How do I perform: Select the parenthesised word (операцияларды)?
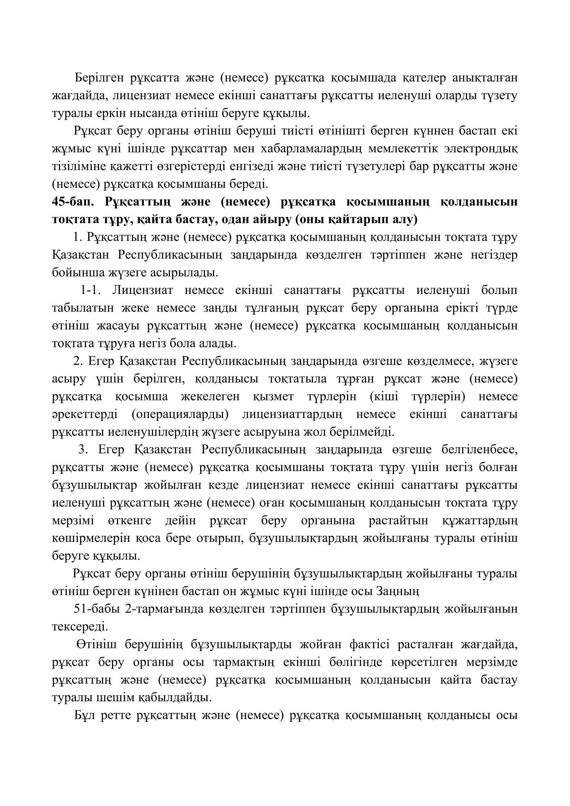pos(180,414)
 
